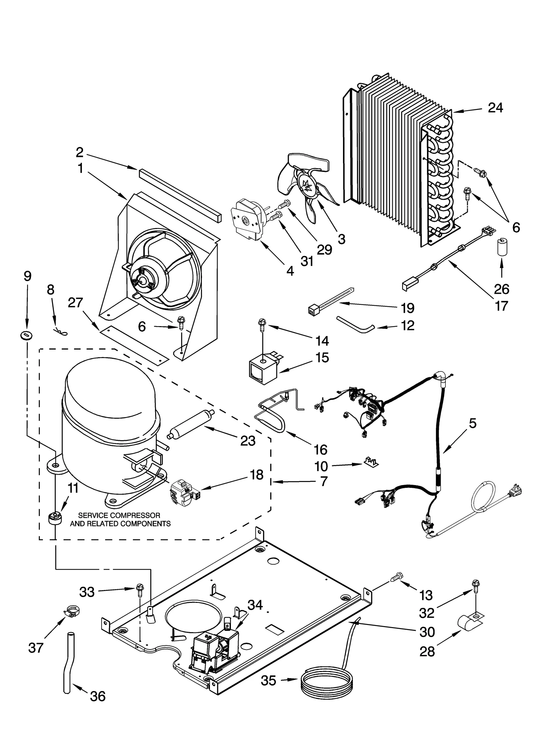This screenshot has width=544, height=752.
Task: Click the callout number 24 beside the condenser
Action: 495,108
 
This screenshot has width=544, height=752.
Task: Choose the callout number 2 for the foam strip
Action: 79,153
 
